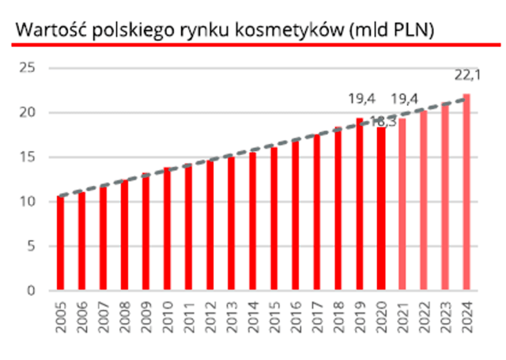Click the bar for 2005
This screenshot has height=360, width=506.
[x=60, y=243]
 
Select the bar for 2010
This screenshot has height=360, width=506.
[x=167, y=229]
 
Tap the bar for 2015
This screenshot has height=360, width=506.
[x=274, y=218]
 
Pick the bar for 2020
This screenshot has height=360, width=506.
[x=381, y=209]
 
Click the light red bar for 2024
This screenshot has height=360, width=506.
[x=466, y=191]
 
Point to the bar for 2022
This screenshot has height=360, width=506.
[x=424, y=200]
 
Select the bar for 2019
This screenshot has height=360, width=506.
[x=360, y=203]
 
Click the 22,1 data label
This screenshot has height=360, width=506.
[x=467, y=75]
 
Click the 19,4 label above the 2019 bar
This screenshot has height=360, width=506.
[x=362, y=99]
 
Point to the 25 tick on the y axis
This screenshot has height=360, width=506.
[x=27, y=68]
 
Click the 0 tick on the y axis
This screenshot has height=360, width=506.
[x=31, y=290]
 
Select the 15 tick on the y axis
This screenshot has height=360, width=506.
[x=27, y=157]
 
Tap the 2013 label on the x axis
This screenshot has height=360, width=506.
[x=232, y=317]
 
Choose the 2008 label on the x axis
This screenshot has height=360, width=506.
[x=125, y=317]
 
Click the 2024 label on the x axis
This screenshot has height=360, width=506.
[x=467, y=317]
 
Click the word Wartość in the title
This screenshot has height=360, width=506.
[x=51, y=30]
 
